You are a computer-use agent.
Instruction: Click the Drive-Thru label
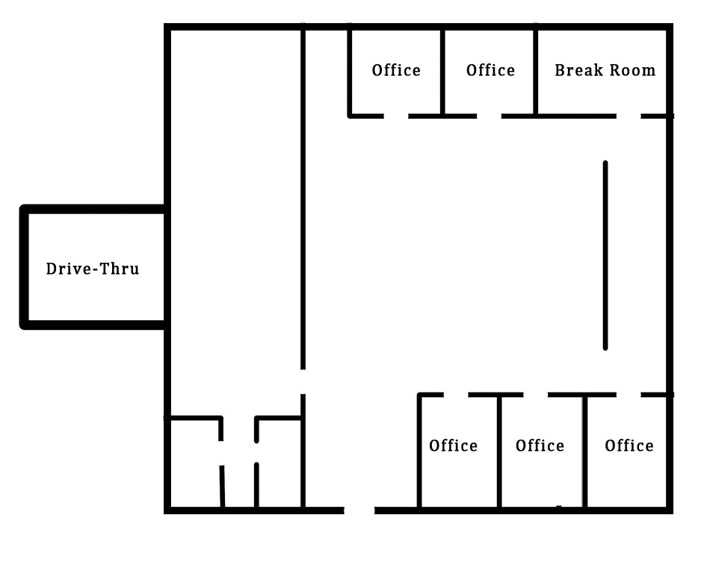(93, 269)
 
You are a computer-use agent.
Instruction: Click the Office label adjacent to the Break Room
(490, 70)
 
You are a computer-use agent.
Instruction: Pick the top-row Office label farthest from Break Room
(396, 70)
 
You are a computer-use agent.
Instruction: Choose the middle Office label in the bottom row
(540, 446)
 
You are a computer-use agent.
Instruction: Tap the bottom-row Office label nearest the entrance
(453, 446)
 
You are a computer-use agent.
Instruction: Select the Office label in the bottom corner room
(629, 446)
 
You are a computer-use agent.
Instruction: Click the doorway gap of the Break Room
(629, 116)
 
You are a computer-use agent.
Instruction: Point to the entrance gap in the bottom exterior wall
(359, 511)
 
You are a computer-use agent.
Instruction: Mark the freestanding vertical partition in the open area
(605, 255)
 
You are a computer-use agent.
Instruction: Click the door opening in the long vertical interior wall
(303, 382)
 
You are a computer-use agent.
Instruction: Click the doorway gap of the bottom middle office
(536, 395)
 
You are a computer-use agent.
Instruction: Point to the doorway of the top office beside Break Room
(489, 116)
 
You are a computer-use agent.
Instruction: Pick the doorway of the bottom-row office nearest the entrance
(456, 395)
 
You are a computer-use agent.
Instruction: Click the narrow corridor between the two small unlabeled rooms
(239, 461)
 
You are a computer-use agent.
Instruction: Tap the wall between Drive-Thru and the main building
(167, 267)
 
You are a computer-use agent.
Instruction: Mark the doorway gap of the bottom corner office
(629, 395)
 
